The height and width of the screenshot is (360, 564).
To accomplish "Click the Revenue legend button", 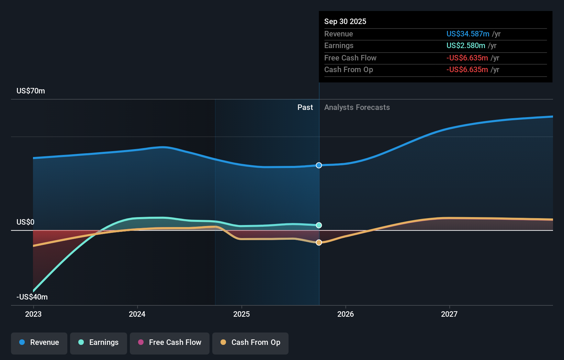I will click(39, 343).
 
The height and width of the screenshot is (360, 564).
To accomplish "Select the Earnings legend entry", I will click(99, 343).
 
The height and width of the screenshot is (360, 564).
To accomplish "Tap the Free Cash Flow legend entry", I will click(170, 343).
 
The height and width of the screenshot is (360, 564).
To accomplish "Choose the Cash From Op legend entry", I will click(250, 343).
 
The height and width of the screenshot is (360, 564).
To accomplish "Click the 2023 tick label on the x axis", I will click(33, 314).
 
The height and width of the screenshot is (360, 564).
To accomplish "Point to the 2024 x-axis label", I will click(137, 314).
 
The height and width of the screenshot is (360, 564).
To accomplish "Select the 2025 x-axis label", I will click(241, 314).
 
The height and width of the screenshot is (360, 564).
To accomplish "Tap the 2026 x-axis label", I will click(346, 314).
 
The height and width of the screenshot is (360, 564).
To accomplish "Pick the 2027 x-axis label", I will click(449, 314).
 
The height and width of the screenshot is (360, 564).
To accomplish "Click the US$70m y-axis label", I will click(31, 91).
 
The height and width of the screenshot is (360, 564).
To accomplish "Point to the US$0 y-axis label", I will click(25, 222).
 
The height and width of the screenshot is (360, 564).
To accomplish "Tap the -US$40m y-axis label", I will click(32, 297).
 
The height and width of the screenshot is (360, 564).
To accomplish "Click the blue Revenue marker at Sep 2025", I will click(319, 166).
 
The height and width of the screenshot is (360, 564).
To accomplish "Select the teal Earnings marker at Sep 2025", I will click(319, 225).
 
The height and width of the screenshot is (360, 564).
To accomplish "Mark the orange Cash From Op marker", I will click(319, 243).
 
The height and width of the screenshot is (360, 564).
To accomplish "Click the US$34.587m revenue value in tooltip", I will click(468, 34).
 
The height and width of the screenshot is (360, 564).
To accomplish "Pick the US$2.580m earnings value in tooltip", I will click(466, 46).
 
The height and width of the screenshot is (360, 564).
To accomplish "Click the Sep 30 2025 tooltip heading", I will click(345, 22).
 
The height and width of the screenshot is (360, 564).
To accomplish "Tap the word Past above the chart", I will click(305, 108).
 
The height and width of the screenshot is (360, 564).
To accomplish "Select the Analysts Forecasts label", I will click(357, 108).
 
